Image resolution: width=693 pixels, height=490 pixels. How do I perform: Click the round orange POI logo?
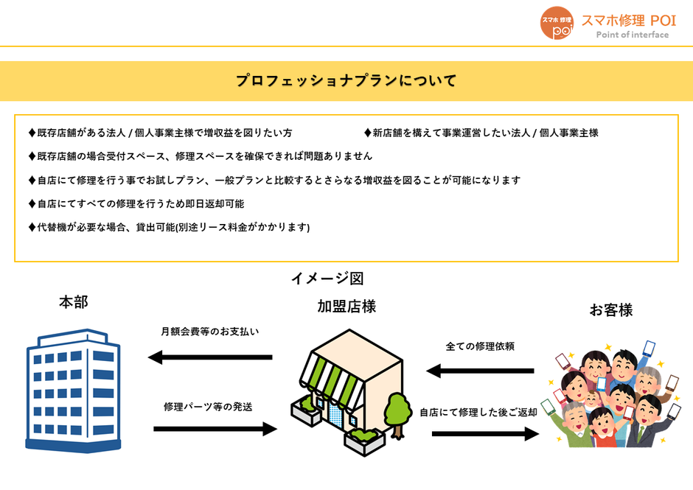[x=557, y=23]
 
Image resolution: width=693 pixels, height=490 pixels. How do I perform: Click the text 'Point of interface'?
[x=632, y=35]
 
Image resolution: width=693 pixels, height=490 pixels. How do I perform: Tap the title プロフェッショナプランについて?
[x=346, y=81]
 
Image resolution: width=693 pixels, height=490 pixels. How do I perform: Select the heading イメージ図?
[x=327, y=279]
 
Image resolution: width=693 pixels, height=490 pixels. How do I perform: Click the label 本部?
[x=74, y=302]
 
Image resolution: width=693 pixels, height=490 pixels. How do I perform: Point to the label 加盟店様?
[x=346, y=307]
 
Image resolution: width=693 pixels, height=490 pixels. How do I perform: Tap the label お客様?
[x=610, y=309]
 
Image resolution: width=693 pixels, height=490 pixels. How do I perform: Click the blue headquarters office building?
[x=74, y=391]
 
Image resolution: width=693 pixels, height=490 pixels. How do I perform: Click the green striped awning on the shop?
[x=332, y=380]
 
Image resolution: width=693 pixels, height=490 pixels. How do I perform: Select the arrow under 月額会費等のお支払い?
[x=210, y=357]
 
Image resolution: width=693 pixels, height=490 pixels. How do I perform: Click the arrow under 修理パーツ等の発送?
[x=215, y=429]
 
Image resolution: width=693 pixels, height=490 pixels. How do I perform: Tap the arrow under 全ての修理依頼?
[x=480, y=371]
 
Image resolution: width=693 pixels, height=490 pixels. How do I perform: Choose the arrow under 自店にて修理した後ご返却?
[x=485, y=434]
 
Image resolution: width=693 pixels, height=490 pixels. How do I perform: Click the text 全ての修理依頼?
[x=480, y=346]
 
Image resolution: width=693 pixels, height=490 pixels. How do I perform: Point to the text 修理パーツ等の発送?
[x=208, y=407]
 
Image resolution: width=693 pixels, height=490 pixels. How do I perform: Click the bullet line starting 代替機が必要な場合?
[x=170, y=227]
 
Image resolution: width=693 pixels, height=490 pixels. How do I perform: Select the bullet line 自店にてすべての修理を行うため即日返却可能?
[x=136, y=203]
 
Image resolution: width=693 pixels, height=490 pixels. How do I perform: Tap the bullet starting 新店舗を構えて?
[x=481, y=133]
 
